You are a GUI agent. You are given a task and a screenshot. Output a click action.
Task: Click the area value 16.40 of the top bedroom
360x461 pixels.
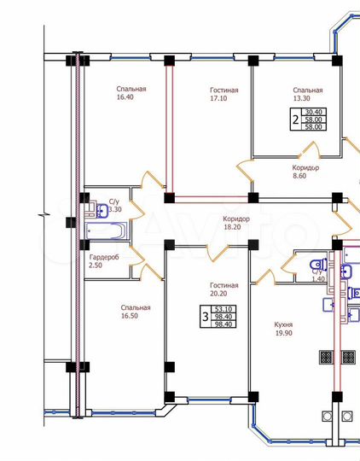125,97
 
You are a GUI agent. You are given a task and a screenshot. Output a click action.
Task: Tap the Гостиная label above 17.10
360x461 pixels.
224,90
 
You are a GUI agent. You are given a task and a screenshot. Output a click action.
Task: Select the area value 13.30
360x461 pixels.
301,98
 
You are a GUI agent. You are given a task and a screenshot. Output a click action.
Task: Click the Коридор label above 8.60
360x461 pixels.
305,168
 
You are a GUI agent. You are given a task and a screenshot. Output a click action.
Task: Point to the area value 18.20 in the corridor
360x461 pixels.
232,227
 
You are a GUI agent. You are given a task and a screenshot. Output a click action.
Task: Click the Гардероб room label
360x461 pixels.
104,257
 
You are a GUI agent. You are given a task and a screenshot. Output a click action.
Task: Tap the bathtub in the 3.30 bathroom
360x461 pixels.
107,230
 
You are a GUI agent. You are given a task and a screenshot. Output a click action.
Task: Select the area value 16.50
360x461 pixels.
130,316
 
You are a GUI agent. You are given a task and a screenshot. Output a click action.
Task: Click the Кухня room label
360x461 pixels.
283,324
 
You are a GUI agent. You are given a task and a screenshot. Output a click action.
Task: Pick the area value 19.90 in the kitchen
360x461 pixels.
284,333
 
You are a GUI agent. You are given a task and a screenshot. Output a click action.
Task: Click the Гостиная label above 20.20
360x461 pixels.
224,285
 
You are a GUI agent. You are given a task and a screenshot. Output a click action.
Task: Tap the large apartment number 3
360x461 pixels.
206,317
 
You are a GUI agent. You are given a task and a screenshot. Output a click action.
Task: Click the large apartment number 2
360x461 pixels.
296,120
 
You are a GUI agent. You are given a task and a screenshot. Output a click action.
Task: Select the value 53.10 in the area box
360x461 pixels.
224,309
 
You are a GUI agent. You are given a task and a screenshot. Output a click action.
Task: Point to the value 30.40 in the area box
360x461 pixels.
314,112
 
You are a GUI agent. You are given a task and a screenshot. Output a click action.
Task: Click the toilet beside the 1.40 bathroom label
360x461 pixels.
318,264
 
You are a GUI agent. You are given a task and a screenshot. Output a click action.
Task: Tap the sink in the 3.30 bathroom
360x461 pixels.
102,211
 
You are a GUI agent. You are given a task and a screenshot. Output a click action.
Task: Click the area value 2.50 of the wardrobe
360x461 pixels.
96,266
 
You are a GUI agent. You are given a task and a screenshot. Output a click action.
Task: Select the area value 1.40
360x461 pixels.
318,279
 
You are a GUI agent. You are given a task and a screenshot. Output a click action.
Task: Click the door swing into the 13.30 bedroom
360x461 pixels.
311,151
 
